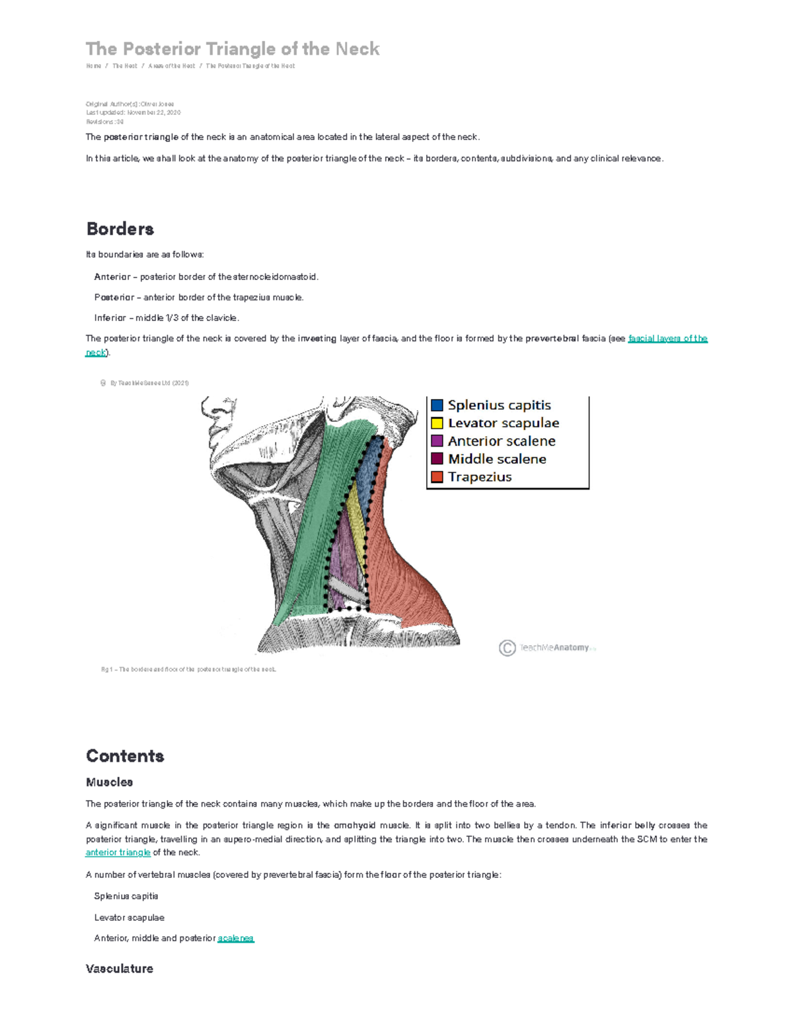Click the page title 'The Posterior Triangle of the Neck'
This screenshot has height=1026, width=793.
pos(233,49)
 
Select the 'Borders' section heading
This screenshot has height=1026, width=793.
pos(120,229)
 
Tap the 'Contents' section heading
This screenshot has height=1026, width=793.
pos(125,756)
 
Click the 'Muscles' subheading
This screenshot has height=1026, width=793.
pos(109,782)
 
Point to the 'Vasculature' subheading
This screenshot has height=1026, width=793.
pos(119,969)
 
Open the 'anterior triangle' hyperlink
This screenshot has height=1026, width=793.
pos(118,852)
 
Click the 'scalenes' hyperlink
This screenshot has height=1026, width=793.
pos(235,938)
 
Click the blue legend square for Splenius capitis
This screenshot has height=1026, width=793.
pos(437,405)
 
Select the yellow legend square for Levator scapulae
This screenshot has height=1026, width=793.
pos(437,423)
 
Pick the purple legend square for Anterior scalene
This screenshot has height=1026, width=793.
pos(437,441)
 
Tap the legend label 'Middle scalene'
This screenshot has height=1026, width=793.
pos(497,458)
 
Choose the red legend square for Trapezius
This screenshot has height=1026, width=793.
pos(437,476)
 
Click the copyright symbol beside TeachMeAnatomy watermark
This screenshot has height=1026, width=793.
pos(507,648)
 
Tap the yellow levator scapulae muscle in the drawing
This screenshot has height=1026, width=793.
pos(358,522)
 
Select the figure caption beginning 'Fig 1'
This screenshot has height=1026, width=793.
pos(188,669)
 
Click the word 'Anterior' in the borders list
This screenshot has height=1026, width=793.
pos(112,277)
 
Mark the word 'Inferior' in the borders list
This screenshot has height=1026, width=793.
pos(110,318)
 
